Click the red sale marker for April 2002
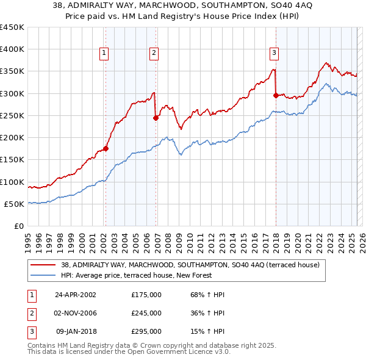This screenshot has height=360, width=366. pyautogui.click(x=106, y=148)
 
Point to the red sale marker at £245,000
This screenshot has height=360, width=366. pyautogui.click(x=156, y=118)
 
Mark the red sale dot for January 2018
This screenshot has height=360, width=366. pyautogui.click(x=276, y=95)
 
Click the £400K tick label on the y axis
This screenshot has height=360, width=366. pyautogui.click(x=12, y=49)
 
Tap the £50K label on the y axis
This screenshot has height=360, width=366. pyautogui.click(x=15, y=204)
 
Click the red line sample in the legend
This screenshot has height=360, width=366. pyautogui.click(x=43, y=265)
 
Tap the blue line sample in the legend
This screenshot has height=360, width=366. pyautogui.click(x=43, y=275)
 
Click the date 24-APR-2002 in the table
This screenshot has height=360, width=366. pyautogui.click(x=76, y=295)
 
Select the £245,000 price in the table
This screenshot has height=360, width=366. pyautogui.click(x=146, y=313)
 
